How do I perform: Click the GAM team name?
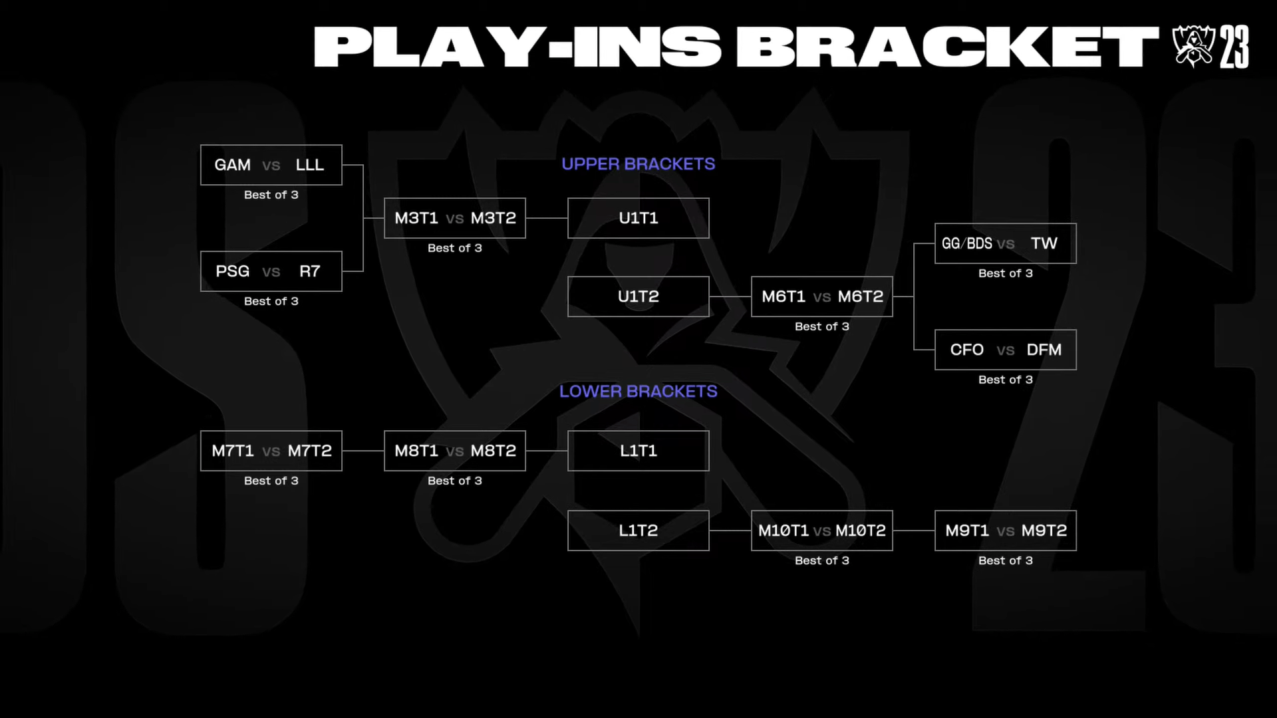[x=232, y=165]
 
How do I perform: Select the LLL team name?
[x=310, y=165]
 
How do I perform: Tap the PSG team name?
[x=232, y=271]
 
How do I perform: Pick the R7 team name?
[x=310, y=271]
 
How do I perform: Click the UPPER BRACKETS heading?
[x=638, y=164]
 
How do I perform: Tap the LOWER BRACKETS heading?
[x=638, y=392]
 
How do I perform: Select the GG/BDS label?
[x=967, y=243]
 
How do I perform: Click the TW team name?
[x=1044, y=243]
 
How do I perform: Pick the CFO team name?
[x=967, y=350]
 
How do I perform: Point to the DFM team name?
[x=1044, y=350]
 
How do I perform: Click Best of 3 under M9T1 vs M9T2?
[x=1006, y=560]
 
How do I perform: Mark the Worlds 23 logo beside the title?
[x=1210, y=47]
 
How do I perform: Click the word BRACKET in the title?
[x=947, y=47]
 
